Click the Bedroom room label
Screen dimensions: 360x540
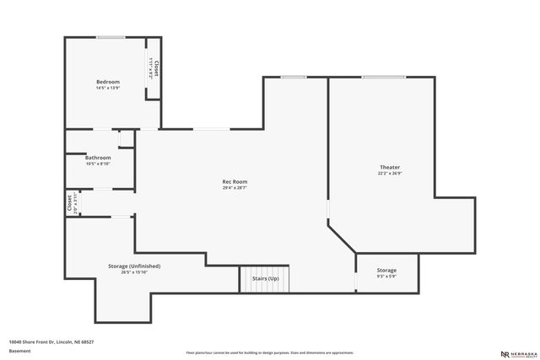108,82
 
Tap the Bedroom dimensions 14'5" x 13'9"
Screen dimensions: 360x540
108,88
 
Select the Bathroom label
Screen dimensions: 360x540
98,158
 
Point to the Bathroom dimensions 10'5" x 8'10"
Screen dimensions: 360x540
98,164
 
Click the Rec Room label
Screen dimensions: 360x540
235,181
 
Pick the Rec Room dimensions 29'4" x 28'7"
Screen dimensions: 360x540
235,187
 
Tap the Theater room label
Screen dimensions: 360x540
390,168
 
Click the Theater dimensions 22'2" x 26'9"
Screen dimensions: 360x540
390,174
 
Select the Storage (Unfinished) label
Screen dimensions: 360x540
134,266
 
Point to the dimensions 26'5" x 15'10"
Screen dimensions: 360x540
134,271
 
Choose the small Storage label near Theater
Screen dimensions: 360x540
386,270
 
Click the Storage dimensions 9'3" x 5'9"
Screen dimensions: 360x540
386,276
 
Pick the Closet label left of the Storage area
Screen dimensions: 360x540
69,203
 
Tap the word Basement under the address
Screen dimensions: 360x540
19,350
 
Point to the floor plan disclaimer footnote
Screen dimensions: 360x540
270,352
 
